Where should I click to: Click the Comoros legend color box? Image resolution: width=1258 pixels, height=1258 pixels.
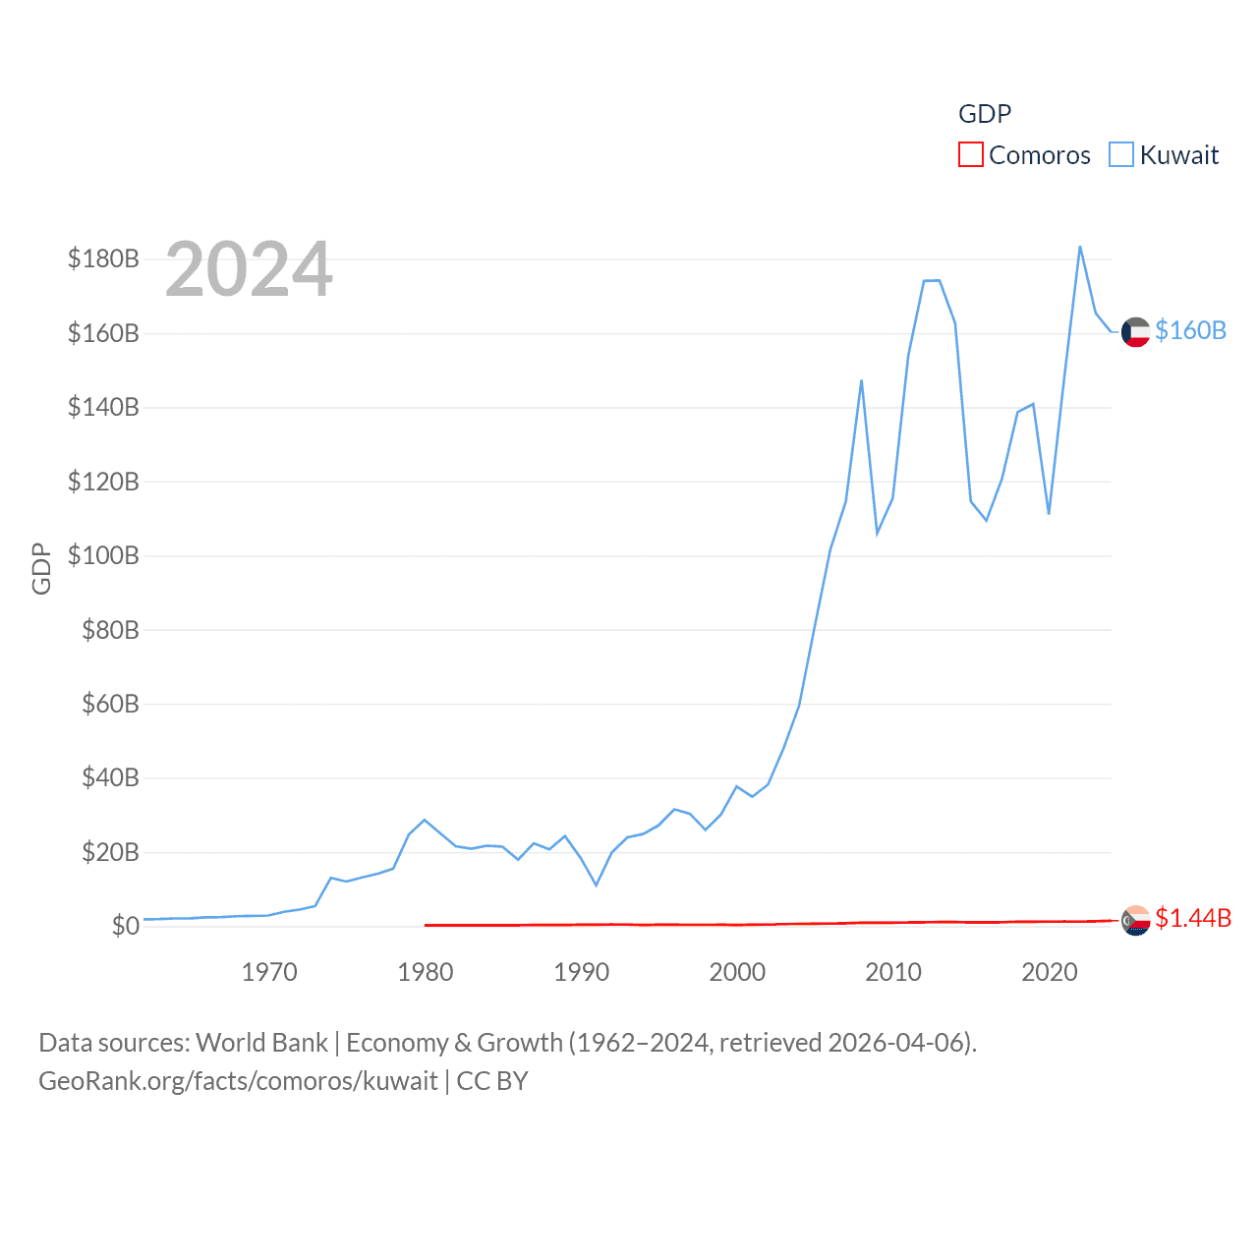(970, 155)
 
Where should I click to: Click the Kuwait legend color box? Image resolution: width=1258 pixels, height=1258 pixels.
(1120, 155)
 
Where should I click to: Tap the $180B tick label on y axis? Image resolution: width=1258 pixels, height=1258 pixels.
(103, 259)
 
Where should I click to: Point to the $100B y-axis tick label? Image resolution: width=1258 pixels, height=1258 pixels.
(103, 556)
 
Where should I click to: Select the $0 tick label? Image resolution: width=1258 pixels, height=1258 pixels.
(125, 927)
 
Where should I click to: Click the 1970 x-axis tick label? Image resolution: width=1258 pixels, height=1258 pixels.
(269, 973)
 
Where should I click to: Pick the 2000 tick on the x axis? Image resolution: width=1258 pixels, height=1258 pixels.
(737, 973)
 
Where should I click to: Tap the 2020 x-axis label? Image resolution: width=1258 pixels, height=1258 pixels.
(1050, 973)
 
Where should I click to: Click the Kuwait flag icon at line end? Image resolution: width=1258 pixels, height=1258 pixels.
(1135, 332)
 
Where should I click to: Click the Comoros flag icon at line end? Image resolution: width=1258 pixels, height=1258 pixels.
(1135, 921)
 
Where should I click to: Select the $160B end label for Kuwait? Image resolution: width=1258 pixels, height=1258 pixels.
(1190, 331)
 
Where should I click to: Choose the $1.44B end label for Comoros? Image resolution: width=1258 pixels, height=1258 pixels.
(1193, 919)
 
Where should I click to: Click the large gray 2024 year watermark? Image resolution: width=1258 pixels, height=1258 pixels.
(249, 269)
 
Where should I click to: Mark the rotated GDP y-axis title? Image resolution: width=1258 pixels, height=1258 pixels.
(41, 568)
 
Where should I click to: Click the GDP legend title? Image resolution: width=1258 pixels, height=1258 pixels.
(985, 114)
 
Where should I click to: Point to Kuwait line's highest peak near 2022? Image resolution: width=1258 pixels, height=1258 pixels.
(1080, 247)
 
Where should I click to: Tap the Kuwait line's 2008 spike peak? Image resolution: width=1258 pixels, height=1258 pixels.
(861, 380)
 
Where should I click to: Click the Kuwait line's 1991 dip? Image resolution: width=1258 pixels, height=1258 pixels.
(596, 885)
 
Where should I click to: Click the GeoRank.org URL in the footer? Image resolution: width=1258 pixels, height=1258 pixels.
(238, 1081)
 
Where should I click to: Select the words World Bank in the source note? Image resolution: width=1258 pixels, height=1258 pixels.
(261, 1043)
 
